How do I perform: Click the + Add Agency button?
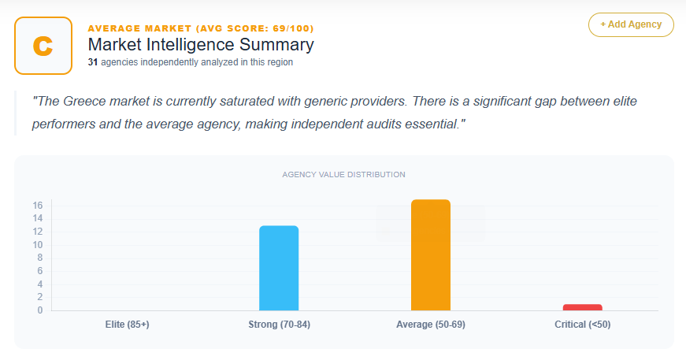click(631, 24)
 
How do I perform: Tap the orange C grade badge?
click(43, 46)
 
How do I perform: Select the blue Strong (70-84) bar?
click(279, 268)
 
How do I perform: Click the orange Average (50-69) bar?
click(431, 254)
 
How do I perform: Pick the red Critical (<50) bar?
click(583, 307)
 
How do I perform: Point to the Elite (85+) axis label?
click(127, 325)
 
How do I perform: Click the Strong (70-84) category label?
click(279, 325)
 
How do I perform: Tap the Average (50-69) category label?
click(431, 325)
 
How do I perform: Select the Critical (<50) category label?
click(583, 325)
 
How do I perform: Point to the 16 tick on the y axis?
click(37, 206)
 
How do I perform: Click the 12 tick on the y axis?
click(37, 232)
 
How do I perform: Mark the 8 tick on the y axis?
click(39, 258)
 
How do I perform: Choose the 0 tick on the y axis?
click(39, 310)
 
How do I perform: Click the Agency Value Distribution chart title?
click(343, 174)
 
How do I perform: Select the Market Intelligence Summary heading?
click(201, 45)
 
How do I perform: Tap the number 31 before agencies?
click(93, 62)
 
